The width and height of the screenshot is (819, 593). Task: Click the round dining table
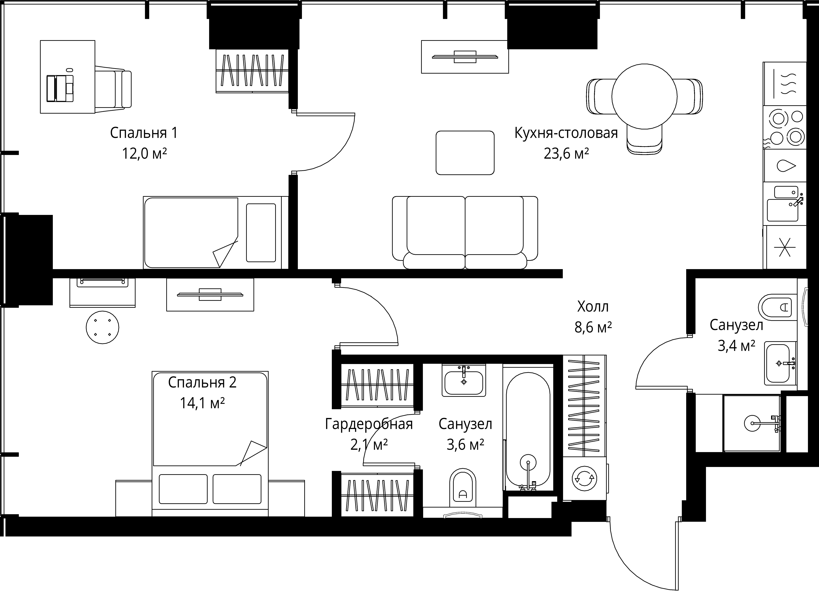coord(644,96)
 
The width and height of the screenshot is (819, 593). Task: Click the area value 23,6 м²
coord(566,154)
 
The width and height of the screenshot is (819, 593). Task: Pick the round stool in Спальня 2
coord(103,327)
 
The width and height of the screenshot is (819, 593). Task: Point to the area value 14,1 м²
coord(202,403)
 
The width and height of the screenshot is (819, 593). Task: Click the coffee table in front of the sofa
coord(465,153)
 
